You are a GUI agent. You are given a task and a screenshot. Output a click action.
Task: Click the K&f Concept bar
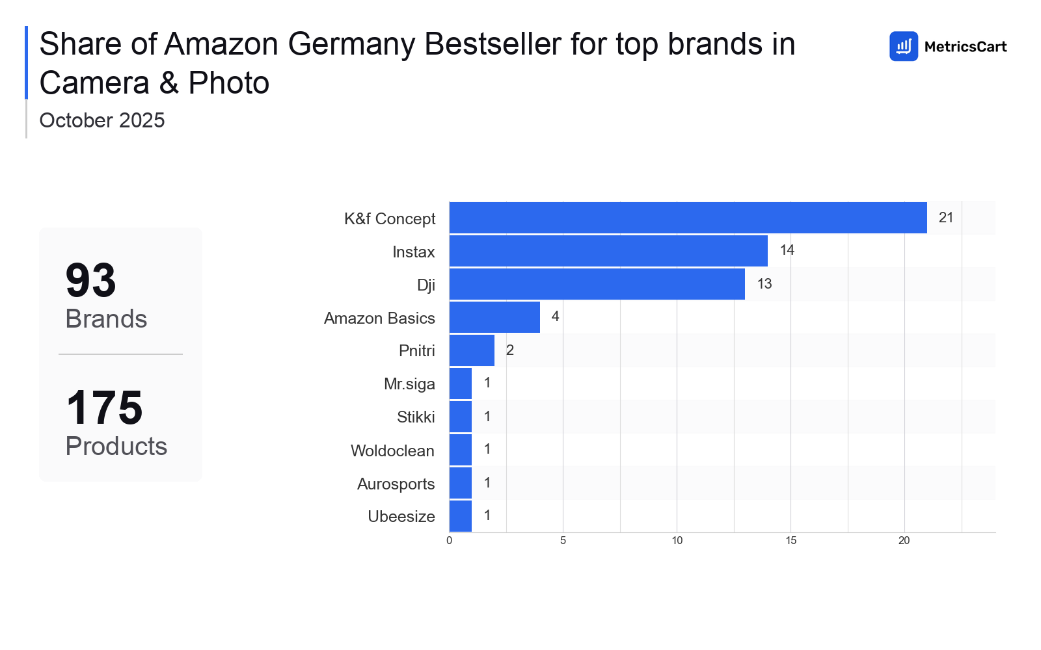click(x=688, y=218)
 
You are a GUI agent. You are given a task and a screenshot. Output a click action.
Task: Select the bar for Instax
click(x=608, y=251)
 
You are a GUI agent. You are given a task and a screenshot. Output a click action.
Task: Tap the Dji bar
click(x=597, y=284)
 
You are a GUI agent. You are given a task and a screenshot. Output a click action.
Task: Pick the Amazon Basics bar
click(x=494, y=317)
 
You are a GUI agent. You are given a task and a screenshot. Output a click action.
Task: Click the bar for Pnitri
click(x=472, y=350)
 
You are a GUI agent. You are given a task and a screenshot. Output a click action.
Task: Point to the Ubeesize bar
click(x=461, y=516)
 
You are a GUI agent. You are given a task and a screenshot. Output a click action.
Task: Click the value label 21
click(x=946, y=218)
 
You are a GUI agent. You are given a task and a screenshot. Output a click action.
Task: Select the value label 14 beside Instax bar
click(x=787, y=250)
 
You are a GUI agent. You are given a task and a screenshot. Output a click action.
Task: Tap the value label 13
click(x=764, y=284)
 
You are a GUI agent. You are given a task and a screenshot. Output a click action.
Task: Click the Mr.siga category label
click(x=409, y=384)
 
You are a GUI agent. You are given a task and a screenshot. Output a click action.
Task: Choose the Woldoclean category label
click(x=392, y=450)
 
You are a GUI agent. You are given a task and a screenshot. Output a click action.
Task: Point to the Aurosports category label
click(x=396, y=484)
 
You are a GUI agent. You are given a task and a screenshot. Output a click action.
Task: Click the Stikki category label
click(x=416, y=417)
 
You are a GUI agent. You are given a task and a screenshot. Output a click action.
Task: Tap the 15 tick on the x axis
click(x=791, y=541)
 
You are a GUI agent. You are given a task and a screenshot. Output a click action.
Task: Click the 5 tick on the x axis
click(x=563, y=541)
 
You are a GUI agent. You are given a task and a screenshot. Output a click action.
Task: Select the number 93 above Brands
click(x=91, y=281)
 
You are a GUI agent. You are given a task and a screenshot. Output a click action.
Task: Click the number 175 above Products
click(x=104, y=408)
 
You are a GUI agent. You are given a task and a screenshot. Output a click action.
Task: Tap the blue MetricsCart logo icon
click(x=903, y=46)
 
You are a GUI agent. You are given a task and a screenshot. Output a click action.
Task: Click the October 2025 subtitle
click(x=102, y=120)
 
